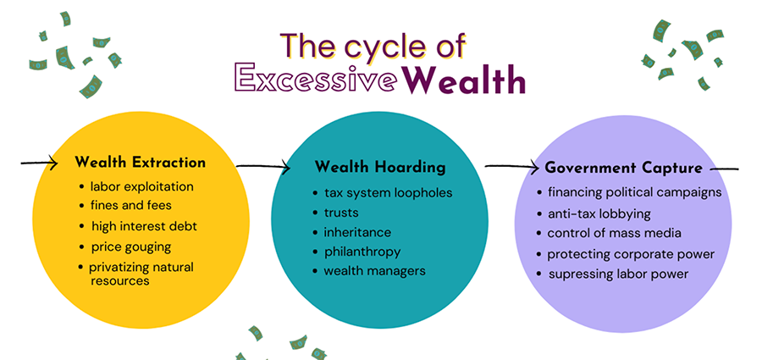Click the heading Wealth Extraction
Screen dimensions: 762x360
[x=141, y=163]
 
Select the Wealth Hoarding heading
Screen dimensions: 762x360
[x=380, y=168]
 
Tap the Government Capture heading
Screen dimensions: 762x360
[x=623, y=168]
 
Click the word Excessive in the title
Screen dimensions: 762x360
[x=316, y=77]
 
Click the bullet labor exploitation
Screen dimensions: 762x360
[x=142, y=187]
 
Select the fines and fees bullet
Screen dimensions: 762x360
[x=131, y=205]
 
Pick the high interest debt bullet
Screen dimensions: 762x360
[x=144, y=226]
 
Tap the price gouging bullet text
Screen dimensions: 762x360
[x=131, y=247]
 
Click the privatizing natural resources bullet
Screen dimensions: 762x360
[x=141, y=274]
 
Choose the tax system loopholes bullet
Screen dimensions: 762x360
[x=389, y=193]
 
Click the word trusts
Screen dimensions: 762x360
[x=341, y=213]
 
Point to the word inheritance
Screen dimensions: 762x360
[x=357, y=233]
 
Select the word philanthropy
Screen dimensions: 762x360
[x=362, y=252]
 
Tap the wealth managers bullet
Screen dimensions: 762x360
[x=375, y=270]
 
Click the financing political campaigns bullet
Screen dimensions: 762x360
[x=635, y=192]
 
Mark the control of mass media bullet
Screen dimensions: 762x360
[x=615, y=233]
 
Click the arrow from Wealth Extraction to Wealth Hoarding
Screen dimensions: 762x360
[x=263, y=167]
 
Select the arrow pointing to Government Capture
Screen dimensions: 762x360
[x=512, y=168]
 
